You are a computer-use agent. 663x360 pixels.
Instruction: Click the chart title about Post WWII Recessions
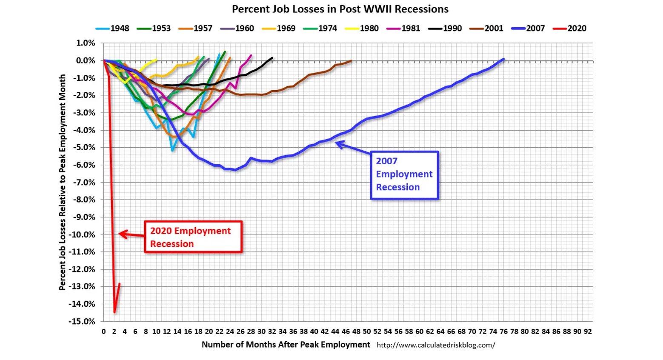coord(340,9)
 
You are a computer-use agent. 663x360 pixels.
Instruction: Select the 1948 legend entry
coord(113,29)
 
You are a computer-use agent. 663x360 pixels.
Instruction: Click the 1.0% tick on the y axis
coord(86,43)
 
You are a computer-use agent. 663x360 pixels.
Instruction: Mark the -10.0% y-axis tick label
coord(83,234)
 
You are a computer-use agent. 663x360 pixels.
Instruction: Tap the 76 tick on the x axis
coord(503,331)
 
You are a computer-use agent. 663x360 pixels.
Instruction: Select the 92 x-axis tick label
coord(588,331)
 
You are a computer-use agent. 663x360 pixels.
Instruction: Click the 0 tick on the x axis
coord(104,331)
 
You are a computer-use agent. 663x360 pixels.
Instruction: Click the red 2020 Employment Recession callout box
coord(193,237)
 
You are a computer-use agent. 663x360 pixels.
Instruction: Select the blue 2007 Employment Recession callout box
coord(404,174)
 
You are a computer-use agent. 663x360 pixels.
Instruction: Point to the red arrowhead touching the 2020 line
coord(121,234)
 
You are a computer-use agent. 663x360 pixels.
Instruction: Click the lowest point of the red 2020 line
coord(114,312)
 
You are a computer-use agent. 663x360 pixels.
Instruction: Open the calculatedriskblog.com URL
coord(436,345)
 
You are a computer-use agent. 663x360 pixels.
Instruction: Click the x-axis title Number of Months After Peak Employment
coord(286,345)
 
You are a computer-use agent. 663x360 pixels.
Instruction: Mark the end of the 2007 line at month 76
coord(503,59)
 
